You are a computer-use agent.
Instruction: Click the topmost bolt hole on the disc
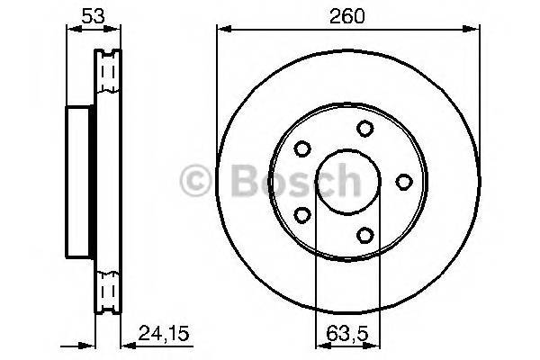coord(364,128)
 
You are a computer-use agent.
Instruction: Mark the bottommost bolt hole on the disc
coord(364,235)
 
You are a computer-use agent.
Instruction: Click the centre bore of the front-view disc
coord(342,182)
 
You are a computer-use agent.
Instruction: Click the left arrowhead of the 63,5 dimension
coord(318,344)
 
